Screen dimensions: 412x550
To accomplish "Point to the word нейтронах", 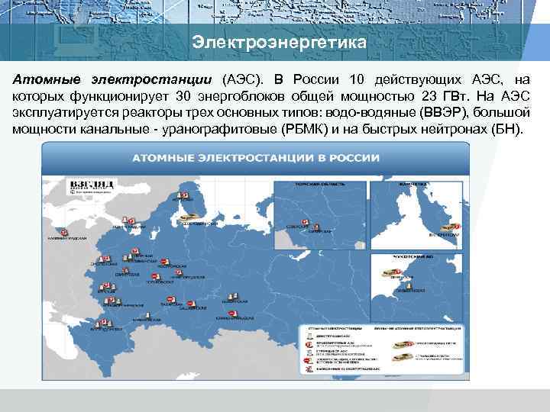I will pos(455,130).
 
